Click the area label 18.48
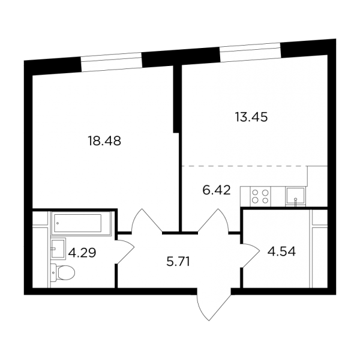click(x=104, y=141)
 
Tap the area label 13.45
click(x=251, y=117)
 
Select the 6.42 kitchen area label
click(x=217, y=190)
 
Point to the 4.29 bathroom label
click(x=82, y=253)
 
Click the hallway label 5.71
click(x=178, y=262)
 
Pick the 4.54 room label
click(x=282, y=251)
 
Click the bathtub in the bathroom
click(x=81, y=223)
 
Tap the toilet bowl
click(x=62, y=273)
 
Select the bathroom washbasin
click(x=58, y=249)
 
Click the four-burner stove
click(x=260, y=197)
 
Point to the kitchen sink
click(x=295, y=197)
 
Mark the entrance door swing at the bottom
click(x=214, y=305)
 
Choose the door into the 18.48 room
click(x=147, y=221)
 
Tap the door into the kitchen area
click(x=213, y=221)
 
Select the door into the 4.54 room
click(x=251, y=256)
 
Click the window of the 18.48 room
click(x=112, y=62)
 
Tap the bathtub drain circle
click(x=58, y=223)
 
